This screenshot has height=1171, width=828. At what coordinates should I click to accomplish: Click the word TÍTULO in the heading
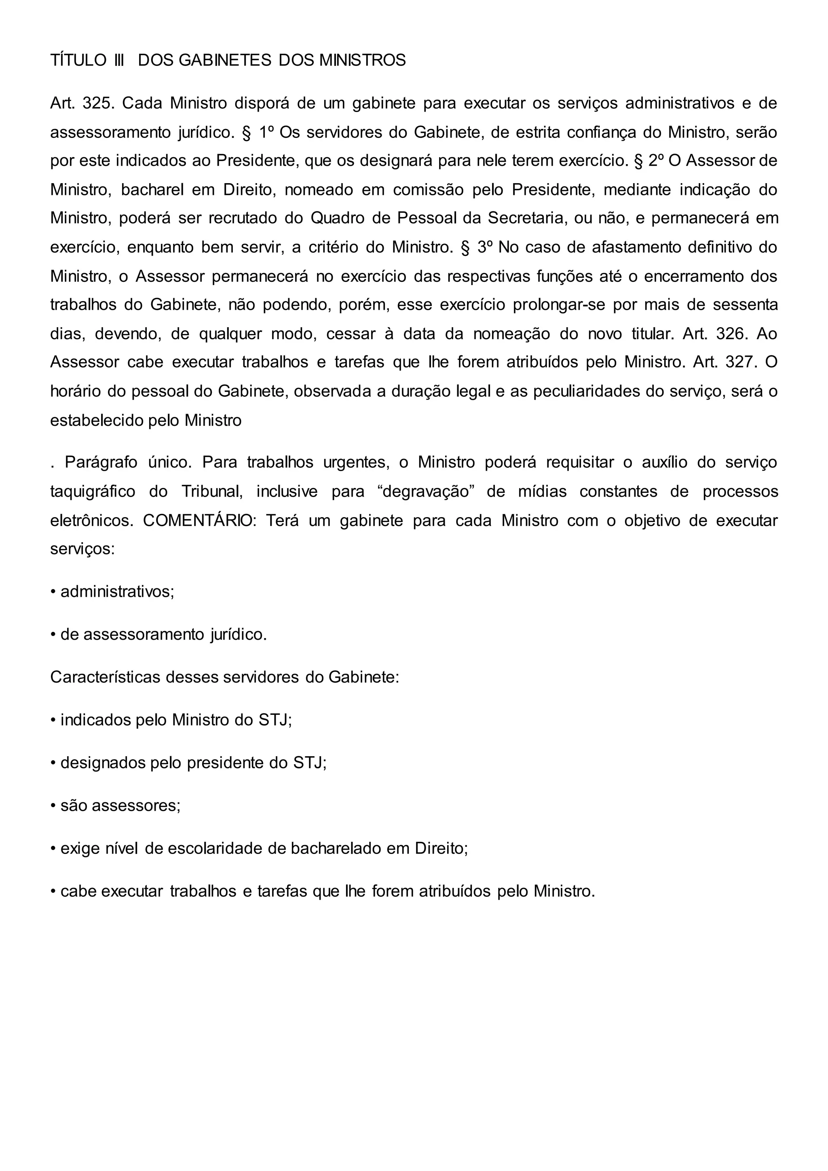pos(78,61)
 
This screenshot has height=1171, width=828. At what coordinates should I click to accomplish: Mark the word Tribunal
pos(211,492)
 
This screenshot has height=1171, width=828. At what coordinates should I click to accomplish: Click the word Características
pos(104,677)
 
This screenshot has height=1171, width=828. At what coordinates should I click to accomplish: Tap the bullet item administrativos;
pos(117,592)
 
